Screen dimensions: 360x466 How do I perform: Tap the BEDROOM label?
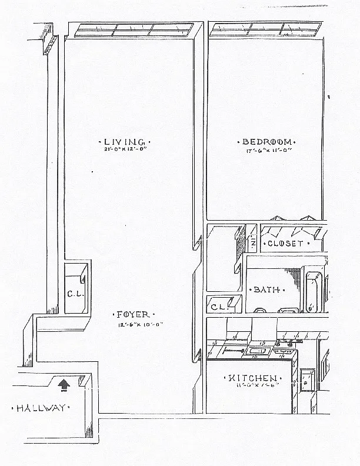[x=266, y=142]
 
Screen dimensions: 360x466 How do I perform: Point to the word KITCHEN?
[x=254, y=378]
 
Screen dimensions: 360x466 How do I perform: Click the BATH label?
[x=266, y=289]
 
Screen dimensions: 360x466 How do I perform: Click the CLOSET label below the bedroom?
[x=285, y=243]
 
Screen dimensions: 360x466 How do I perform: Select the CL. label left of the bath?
[x=219, y=307]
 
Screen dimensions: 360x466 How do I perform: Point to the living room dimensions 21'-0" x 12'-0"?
[x=124, y=150]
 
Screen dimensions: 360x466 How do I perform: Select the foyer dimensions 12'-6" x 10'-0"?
[x=132, y=324]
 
